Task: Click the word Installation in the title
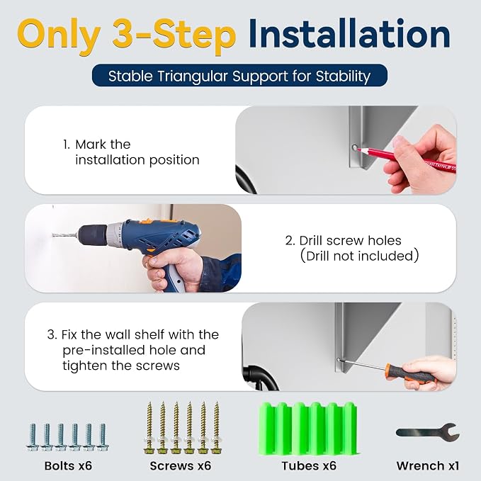[349, 33]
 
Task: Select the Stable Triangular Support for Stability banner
[239, 76]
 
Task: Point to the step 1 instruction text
[131, 152]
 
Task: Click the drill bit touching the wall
[64, 235]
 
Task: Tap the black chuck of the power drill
[92, 236]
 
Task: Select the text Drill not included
[359, 256]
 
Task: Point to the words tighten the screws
[121, 366]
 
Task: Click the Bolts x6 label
[68, 465]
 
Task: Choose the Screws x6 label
[181, 465]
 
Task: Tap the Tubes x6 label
[309, 465]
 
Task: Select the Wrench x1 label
[428, 465]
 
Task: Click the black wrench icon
[428, 433]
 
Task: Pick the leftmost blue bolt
[33, 438]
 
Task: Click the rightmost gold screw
[216, 428]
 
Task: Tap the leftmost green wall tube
[268, 429]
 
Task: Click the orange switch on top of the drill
[148, 221]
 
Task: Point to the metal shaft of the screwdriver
[362, 364]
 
